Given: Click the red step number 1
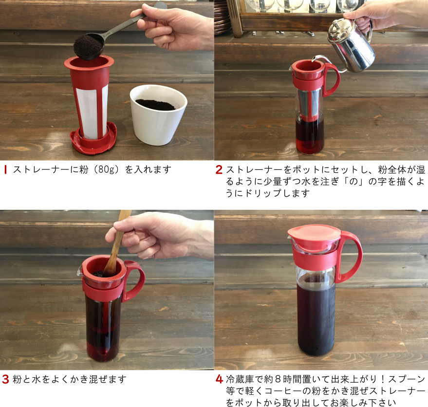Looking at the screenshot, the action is click(x=5, y=169).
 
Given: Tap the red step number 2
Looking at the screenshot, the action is click(x=219, y=169).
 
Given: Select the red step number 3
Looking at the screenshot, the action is click(x=6, y=379).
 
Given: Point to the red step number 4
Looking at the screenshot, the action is click(x=220, y=379).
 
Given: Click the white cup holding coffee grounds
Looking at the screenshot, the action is click(x=158, y=114).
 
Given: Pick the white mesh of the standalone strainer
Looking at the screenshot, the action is click(x=92, y=112).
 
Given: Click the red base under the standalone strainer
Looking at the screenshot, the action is click(x=93, y=139).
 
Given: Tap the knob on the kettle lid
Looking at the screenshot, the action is click(x=335, y=26).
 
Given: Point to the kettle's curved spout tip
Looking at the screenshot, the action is click(x=314, y=59).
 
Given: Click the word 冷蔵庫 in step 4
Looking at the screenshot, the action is click(x=240, y=379).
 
